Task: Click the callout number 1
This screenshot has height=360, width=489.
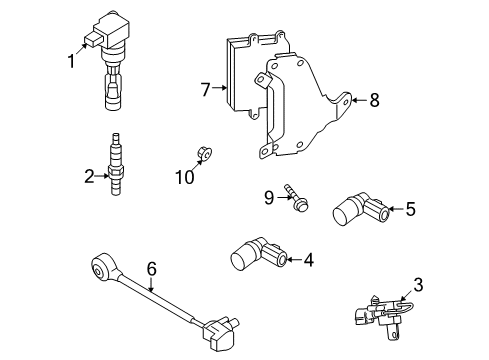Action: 71,61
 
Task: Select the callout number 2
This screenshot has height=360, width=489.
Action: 89,176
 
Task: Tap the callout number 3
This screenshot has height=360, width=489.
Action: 418,285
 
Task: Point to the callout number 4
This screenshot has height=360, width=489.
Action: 309,260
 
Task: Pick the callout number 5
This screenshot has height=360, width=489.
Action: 411,209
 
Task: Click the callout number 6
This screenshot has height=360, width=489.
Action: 152,269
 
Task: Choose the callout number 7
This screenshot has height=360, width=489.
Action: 206,89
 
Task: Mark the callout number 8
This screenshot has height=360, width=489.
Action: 375,100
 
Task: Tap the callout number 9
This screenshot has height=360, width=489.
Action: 269,198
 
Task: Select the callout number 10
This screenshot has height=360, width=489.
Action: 185,177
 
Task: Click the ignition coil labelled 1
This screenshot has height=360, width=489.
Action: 109,60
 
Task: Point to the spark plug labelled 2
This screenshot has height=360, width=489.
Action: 116,164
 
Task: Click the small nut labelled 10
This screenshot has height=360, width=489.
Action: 204,153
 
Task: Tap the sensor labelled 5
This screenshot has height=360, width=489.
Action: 361,209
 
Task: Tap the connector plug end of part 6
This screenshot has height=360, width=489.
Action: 220,332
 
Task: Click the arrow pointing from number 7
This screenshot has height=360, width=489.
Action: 219,88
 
